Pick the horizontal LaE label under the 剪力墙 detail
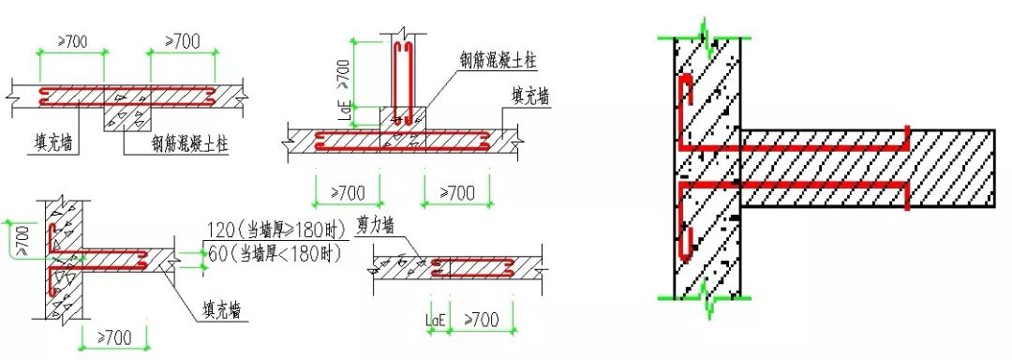tap(436, 322)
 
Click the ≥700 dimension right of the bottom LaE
tap(482, 321)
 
